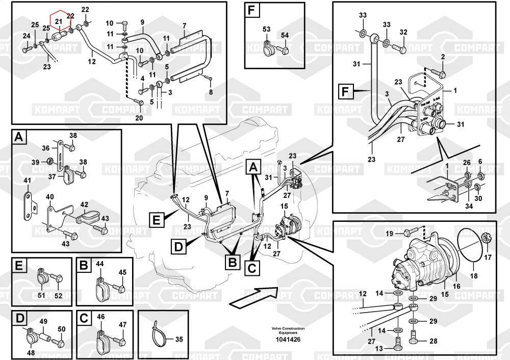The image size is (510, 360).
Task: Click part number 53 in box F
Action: click(266, 29)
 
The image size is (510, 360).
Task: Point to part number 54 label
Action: click(285, 35)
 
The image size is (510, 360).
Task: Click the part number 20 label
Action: click(139, 118)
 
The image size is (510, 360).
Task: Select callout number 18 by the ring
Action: click(474, 276)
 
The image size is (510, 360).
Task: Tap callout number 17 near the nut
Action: click(488, 257)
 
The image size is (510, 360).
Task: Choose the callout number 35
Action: click(178, 339)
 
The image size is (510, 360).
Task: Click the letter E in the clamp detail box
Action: click(19, 266)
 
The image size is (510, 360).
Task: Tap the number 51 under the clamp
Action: click(41, 295)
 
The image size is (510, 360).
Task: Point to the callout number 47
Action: click(122, 325)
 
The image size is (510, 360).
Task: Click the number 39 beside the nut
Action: click(35, 162)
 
